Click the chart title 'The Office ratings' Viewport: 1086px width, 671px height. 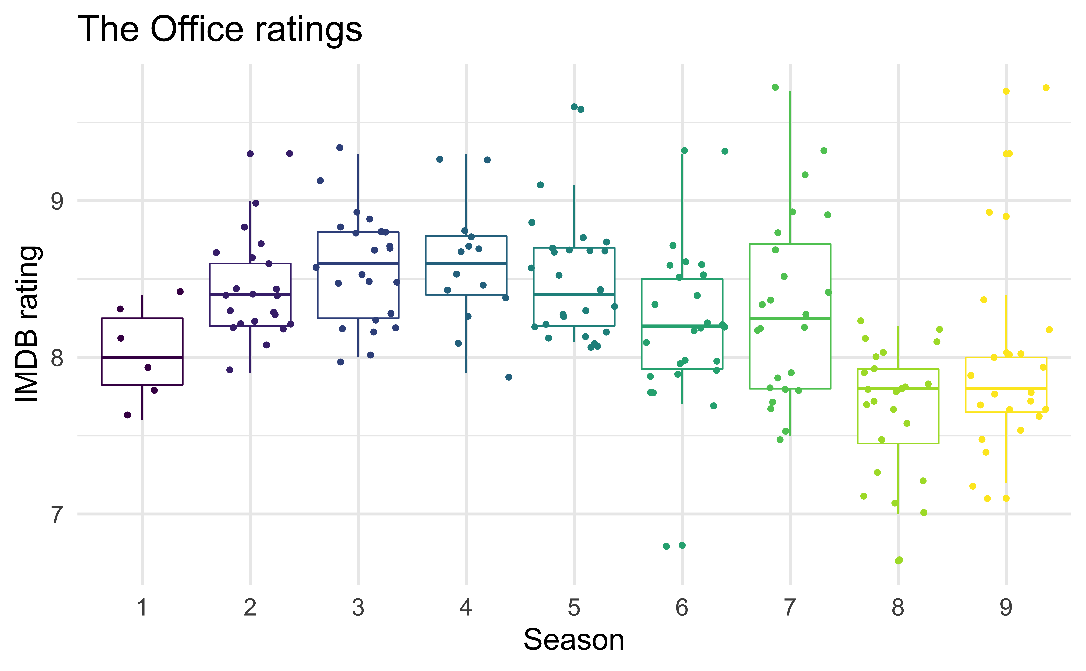(220, 29)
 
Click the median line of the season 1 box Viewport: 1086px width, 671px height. (142, 357)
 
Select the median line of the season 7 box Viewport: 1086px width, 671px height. (790, 318)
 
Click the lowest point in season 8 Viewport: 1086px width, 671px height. (899, 560)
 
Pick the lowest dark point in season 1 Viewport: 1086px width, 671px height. (127, 415)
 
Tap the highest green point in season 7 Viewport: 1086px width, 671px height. (775, 87)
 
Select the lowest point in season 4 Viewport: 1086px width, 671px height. (509, 377)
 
